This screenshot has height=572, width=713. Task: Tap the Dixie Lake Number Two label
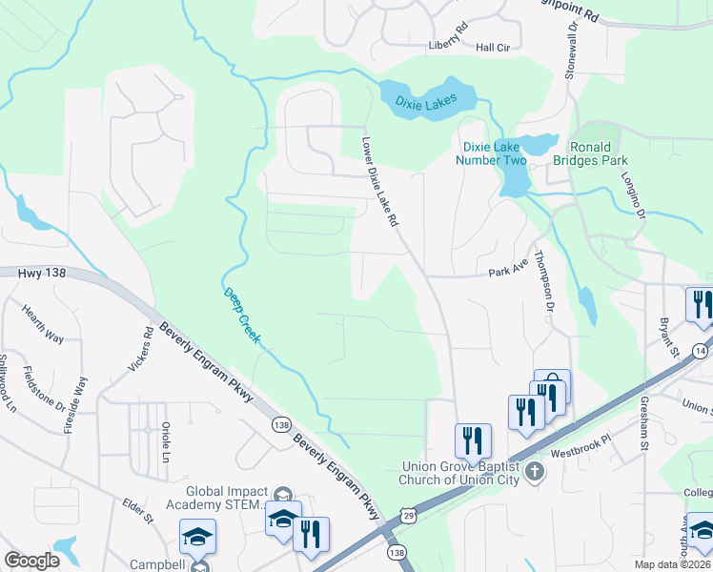coord(495,153)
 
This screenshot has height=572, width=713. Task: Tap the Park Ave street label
coord(507,272)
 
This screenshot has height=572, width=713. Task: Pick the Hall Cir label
coord(494,47)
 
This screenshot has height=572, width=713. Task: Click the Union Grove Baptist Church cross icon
coord(535,470)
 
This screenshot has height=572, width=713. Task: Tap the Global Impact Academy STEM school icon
coord(282,495)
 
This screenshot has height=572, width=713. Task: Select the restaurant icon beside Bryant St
coord(701,305)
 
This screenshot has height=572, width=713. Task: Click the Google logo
coord(31,561)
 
